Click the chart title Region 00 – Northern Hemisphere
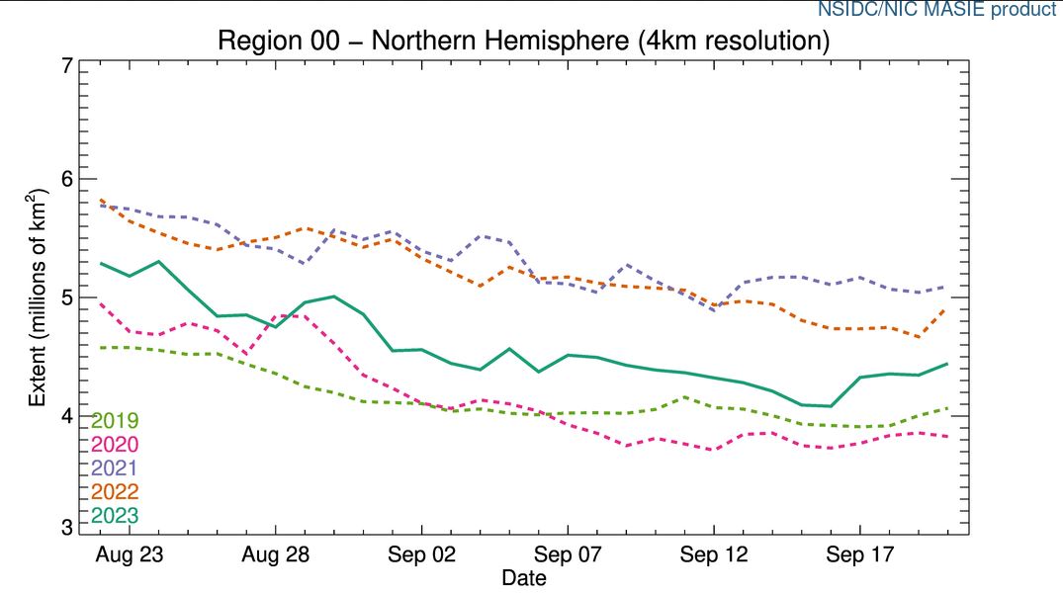tap(523, 42)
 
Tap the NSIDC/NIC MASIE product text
tap(935, 11)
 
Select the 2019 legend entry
tap(115, 421)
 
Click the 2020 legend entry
tap(115, 445)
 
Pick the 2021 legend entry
tap(115, 468)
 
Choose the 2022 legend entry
tap(115, 492)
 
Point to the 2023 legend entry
tap(115, 516)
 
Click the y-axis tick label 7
tap(66, 67)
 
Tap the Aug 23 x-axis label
tap(130, 554)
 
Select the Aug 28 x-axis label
tap(275, 554)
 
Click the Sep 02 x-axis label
tap(421, 554)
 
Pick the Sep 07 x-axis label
tap(568, 554)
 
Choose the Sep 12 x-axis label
tap(713, 554)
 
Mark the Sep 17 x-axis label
tap(859, 554)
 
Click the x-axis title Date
tap(523, 576)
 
